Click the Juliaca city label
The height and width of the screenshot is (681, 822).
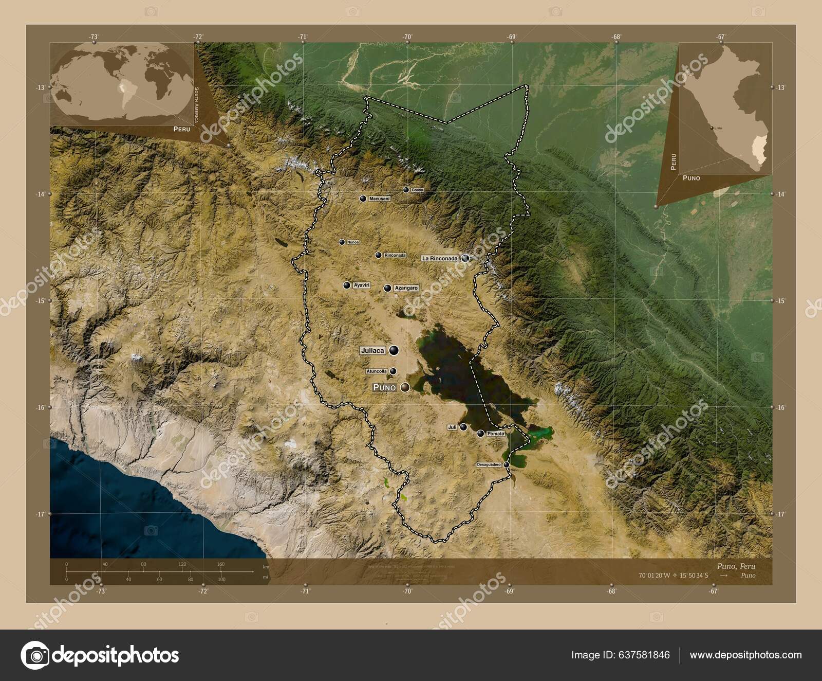(x=373, y=350)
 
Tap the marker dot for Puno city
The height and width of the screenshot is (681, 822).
(x=405, y=387)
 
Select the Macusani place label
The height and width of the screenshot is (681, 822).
(x=379, y=199)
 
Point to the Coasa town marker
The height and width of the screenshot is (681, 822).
(x=406, y=190)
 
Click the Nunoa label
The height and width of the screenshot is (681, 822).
(x=353, y=242)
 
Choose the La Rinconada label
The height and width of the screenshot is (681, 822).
(x=440, y=258)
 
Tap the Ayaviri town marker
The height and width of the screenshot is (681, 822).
(x=347, y=285)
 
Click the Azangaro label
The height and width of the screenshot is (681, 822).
(x=406, y=289)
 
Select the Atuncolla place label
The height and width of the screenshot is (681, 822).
(x=377, y=371)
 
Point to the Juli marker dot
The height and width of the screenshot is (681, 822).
(x=463, y=427)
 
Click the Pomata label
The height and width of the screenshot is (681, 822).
(x=496, y=434)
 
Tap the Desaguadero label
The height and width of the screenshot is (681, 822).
(x=489, y=464)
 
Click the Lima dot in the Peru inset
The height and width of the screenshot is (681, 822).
(x=712, y=128)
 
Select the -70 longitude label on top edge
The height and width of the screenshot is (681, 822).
(x=407, y=37)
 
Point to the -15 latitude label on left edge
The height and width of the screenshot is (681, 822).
(x=40, y=300)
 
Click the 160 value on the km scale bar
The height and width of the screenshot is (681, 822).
(x=221, y=564)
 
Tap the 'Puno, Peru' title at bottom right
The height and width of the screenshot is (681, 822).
(x=736, y=566)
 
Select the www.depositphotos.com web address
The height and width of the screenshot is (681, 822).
(x=745, y=655)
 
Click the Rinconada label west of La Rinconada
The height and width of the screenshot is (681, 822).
(x=395, y=255)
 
